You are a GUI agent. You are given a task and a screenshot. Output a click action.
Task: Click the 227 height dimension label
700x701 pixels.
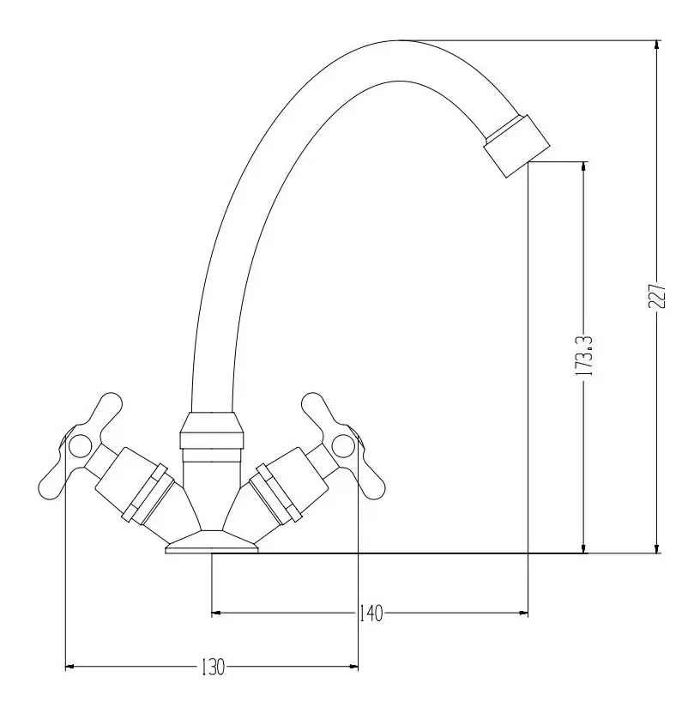coord(656,295)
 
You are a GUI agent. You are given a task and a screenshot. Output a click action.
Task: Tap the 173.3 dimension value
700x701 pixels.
coord(584,356)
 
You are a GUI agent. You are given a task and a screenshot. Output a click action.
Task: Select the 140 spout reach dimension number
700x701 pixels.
coord(371,613)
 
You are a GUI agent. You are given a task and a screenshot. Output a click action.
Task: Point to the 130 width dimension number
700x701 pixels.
coord(213,668)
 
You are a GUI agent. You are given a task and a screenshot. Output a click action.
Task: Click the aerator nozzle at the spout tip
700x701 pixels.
coord(517,146)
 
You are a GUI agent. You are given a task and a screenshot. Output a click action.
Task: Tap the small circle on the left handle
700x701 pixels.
coord(81,445)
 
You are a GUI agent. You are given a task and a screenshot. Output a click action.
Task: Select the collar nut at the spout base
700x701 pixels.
coord(212,430)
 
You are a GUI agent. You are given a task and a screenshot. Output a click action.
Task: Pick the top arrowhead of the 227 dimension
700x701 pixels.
coord(656,45)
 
